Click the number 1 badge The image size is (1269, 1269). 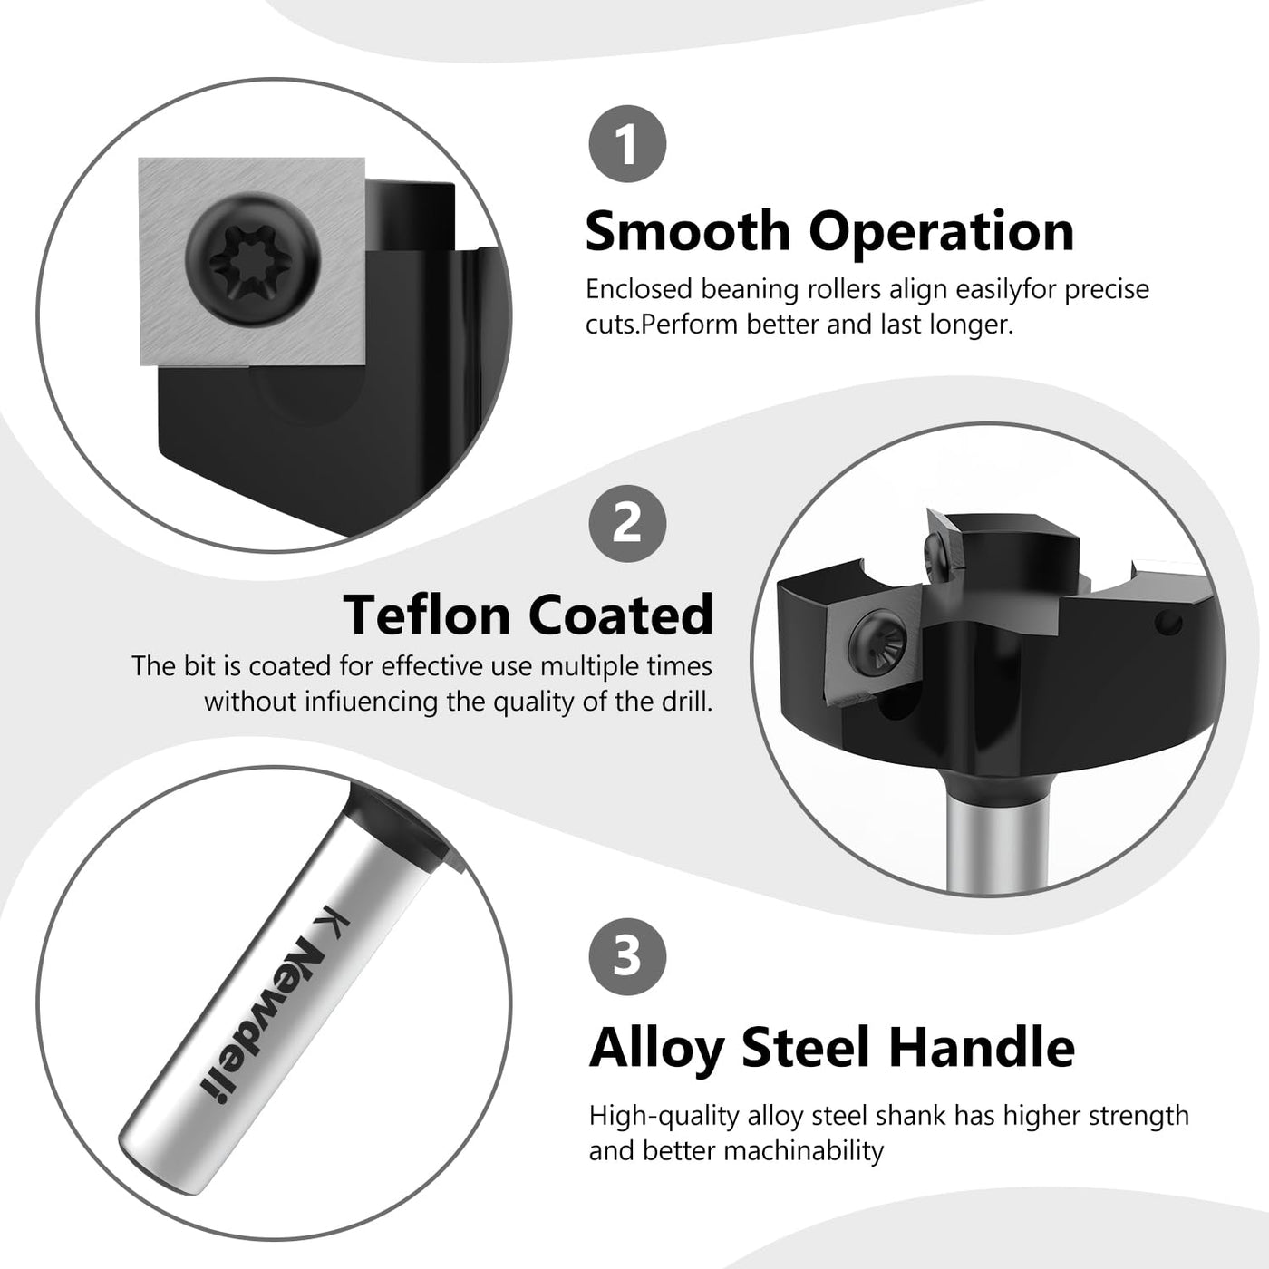627,143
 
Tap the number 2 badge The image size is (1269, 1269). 627,524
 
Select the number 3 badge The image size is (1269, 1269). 627,957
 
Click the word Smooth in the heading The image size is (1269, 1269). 688,231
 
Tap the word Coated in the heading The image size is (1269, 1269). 621,614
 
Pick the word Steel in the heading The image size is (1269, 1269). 807,1047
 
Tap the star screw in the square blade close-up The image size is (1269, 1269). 254,259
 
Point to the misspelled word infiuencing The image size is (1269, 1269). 370,702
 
